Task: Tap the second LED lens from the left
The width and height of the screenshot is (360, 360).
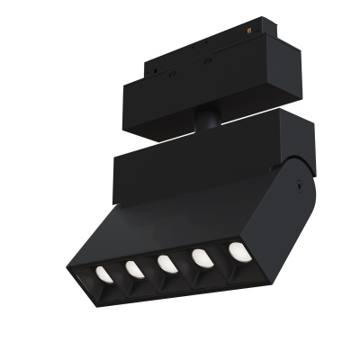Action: click(x=132, y=267)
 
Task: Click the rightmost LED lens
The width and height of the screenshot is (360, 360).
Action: click(x=237, y=251)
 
